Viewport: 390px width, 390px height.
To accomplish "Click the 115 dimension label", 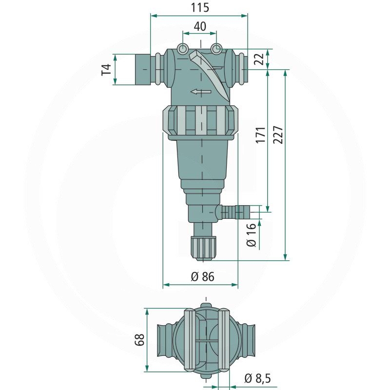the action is tap(200, 7).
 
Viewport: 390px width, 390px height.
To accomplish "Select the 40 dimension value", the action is tap(200, 26).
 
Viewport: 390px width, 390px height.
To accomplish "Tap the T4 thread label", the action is tap(106, 70).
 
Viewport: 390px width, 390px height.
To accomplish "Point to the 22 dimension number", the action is tap(260, 59).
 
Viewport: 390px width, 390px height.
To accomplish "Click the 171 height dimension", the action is tap(261, 135).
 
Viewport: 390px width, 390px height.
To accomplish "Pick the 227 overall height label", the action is tap(278, 135).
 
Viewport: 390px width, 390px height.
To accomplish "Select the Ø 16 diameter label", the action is tap(252, 235).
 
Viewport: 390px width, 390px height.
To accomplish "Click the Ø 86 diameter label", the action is tap(202, 276).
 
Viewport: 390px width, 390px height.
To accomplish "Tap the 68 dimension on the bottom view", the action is tap(139, 340).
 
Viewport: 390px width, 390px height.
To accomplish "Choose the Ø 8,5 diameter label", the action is tap(257, 378).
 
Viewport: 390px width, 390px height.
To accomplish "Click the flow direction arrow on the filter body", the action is tap(201, 92).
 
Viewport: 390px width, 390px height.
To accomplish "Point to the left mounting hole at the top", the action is tap(182, 48).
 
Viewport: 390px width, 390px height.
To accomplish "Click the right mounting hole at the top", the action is tap(216, 48).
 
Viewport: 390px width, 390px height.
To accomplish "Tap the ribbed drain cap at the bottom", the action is tap(203, 248).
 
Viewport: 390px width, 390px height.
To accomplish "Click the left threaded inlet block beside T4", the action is tap(142, 69).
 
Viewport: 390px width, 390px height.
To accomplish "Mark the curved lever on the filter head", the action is tap(209, 76).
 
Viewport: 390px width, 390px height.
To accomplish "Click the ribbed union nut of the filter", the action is tap(200, 120).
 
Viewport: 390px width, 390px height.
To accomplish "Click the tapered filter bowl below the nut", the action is tap(202, 160).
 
